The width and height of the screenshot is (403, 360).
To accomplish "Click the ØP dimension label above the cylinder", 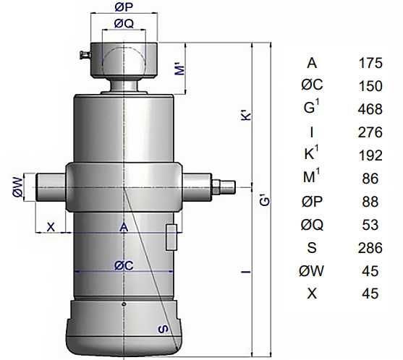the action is [124, 7].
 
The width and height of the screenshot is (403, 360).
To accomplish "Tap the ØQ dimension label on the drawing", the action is [124, 24].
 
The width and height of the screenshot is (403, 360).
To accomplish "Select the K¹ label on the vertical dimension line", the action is [247, 115].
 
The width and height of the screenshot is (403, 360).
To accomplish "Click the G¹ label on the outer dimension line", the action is [265, 201].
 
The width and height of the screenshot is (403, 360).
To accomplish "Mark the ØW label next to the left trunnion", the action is [18, 188].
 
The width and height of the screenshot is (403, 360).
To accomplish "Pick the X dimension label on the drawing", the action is [51, 227].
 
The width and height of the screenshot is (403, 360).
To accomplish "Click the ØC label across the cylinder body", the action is [124, 265].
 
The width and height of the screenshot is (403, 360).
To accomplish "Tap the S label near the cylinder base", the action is [164, 329].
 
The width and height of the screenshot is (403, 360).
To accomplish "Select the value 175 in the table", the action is [370, 63].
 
